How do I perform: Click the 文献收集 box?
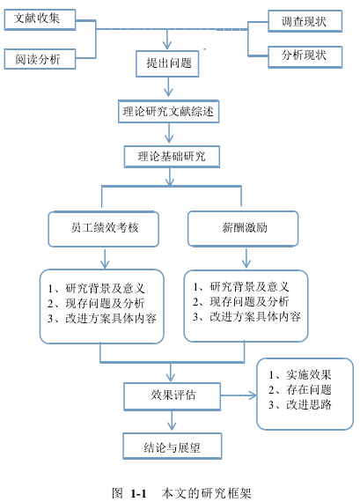click(x=40, y=19)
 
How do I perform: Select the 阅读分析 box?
click(x=40, y=59)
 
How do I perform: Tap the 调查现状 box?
click(x=305, y=21)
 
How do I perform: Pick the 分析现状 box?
click(x=305, y=57)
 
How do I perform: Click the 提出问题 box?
click(x=167, y=63)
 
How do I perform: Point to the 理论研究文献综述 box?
click(x=169, y=112)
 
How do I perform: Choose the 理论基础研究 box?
click(x=172, y=157)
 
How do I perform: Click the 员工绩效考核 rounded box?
click(x=103, y=229)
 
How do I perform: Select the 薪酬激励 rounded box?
click(x=243, y=229)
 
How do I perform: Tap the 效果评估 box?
click(x=173, y=396)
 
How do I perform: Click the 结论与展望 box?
click(x=173, y=447)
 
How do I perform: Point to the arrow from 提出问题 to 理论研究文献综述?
click(x=168, y=87)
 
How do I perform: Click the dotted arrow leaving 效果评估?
click(x=239, y=395)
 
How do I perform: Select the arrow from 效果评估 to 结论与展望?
click(x=172, y=421)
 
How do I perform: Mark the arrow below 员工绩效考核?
click(x=105, y=258)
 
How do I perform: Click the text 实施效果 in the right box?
click(x=308, y=374)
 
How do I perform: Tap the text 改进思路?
click(x=308, y=404)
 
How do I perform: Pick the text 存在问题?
click(x=308, y=389)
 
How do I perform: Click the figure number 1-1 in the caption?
click(x=138, y=493)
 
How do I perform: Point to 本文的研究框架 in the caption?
click(x=206, y=493)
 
